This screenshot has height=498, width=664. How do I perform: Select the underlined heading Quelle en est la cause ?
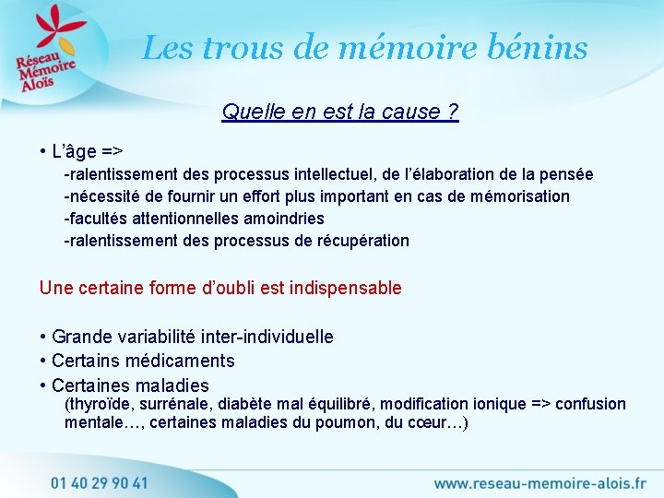[x=340, y=113]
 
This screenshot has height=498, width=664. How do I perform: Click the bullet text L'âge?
[x=88, y=150]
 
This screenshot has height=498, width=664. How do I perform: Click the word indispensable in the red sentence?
[x=346, y=288]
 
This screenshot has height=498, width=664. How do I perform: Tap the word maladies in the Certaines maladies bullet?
[x=172, y=385]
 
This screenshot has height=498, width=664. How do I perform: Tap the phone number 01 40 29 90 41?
[x=100, y=482]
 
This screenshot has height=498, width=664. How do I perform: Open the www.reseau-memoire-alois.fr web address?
[x=539, y=482]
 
